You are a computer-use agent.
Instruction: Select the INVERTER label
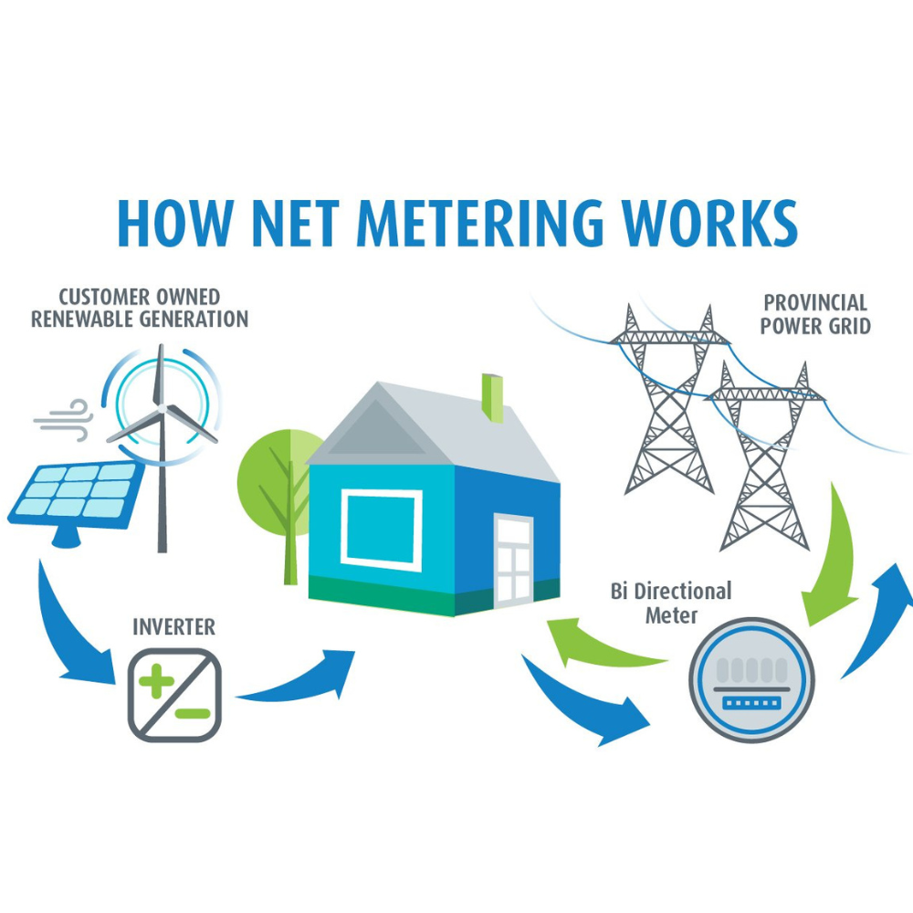point(173,627)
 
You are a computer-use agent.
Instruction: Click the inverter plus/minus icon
point(174,693)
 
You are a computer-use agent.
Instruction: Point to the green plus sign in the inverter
point(156,681)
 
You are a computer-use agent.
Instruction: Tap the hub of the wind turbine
point(162,412)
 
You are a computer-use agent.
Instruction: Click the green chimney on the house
point(493,397)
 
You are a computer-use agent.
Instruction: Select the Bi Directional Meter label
point(671,603)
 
